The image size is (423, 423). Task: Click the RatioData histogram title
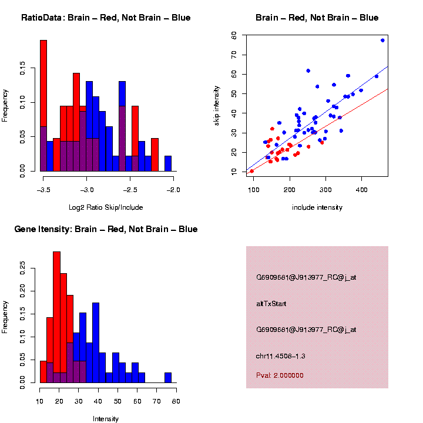106,18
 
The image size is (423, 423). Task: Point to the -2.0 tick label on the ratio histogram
174,190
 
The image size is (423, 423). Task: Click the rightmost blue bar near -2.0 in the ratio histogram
168,164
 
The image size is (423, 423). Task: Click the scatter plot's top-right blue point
382,41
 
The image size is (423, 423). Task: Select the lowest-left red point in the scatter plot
252,171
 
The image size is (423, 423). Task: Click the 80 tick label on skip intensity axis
234,35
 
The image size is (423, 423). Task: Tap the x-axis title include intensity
317,207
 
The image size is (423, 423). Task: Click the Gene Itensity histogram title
106,229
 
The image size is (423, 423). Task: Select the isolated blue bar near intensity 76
168,378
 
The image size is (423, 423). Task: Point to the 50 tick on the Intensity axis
117,401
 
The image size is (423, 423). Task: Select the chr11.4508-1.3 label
280,356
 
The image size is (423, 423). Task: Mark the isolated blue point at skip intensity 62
308,70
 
